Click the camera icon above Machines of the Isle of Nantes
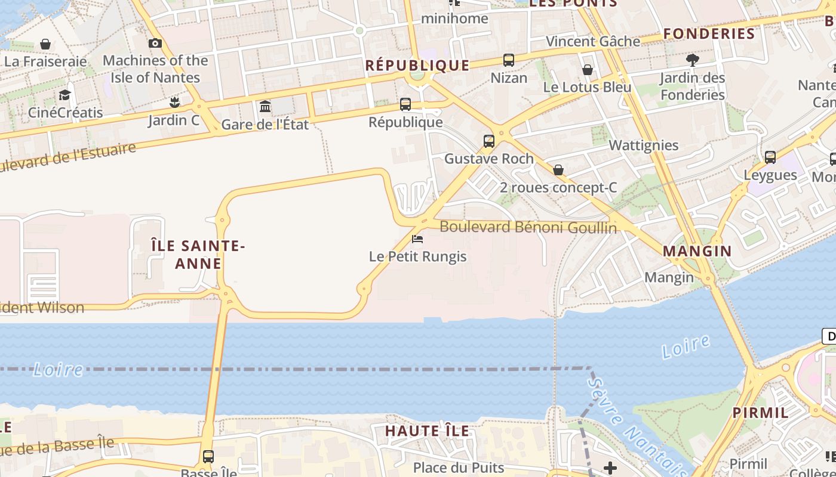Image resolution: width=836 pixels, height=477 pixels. (155, 43)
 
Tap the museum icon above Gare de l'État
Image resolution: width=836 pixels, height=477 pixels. (265, 107)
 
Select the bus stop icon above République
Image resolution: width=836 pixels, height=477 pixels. (405, 104)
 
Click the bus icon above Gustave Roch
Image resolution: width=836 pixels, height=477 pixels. (489, 141)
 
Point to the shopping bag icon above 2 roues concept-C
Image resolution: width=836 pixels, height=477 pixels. (558, 170)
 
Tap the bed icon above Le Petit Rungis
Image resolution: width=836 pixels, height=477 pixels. (417, 239)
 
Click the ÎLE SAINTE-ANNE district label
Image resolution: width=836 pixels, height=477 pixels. (198, 255)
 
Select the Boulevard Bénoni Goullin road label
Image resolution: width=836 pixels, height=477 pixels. (528, 227)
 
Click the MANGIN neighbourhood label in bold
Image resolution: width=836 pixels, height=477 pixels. (697, 251)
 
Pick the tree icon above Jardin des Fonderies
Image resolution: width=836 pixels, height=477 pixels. (693, 60)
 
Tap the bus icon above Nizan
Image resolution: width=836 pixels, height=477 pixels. (509, 60)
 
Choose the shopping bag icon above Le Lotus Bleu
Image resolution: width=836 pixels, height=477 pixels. (588, 70)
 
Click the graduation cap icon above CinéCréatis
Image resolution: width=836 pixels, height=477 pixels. (64, 95)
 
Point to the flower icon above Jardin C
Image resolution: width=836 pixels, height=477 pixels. (174, 103)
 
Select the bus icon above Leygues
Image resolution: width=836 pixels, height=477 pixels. (770, 157)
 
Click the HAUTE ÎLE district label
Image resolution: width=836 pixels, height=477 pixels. (427, 430)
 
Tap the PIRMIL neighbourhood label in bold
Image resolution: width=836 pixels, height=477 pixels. (761, 412)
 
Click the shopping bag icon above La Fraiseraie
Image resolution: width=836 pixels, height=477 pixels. (45, 44)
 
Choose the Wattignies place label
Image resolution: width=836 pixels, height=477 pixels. (644, 145)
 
